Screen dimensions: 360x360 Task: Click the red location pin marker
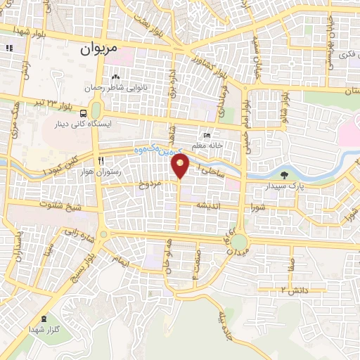click(x=181, y=165)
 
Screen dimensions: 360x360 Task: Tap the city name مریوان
click(x=96, y=49)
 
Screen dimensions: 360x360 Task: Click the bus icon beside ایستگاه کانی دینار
click(x=84, y=113)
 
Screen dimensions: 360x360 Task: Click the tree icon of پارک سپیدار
click(x=284, y=176)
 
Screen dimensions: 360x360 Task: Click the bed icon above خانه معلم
click(x=206, y=136)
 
